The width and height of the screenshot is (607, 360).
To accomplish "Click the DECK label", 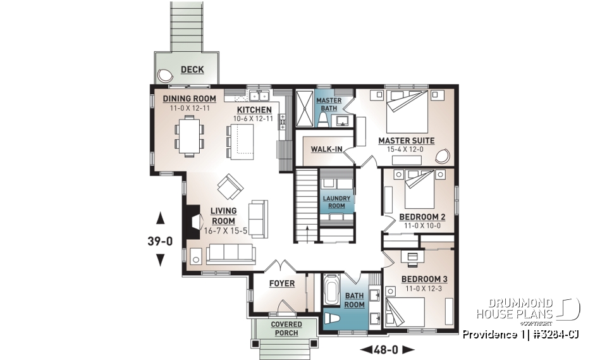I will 192,69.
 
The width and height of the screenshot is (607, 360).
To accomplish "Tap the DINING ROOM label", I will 190,99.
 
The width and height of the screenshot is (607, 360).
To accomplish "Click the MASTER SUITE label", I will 406,140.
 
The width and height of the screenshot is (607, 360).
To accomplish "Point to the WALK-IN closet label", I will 326,149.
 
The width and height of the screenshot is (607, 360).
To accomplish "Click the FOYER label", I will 281,283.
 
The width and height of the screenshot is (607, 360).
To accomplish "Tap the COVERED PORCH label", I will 287,328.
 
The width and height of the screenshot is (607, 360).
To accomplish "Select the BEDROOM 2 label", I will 422,217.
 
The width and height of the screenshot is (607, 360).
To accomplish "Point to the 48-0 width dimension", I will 386,349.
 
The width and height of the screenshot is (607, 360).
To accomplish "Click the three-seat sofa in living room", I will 230,254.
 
